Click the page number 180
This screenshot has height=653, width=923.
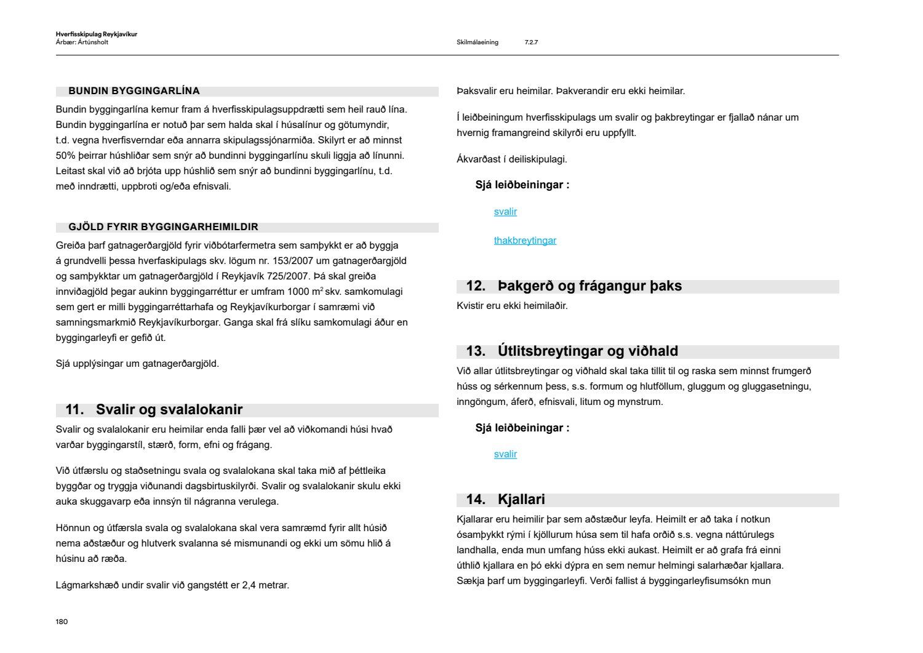pyautogui.click(x=62, y=622)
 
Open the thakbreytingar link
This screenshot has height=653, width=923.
pyautogui.click(x=525, y=241)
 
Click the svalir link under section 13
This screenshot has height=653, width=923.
pyautogui.click(x=505, y=454)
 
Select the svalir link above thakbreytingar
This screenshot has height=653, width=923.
pyautogui.click(x=505, y=212)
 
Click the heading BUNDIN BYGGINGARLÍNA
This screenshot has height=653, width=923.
pyautogui.click(x=134, y=91)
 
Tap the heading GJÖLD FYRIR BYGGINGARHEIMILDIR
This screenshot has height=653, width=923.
pyautogui.click(x=163, y=227)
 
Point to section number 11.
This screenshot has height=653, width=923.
pyautogui.click(x=74, y=410)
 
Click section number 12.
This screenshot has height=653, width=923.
pyautogui.click(x=476, y=286)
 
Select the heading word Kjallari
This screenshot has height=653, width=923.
pyautogui.click(x=521, y=500)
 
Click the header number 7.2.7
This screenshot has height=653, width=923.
pyautogui.click(x=531, y=42)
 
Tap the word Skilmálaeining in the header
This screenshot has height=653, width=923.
pyautogui.click(x=477, y=42)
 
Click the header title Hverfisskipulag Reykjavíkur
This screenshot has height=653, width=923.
pyautogui.click(x=96, y=34)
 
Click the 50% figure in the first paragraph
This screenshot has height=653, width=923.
pyautogui.click(x=65, y=156)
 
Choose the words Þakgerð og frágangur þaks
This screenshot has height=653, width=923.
pyautogui.click(x=589, y=286)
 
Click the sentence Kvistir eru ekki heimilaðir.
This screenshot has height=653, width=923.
pyautogui.click(x=512, y=306)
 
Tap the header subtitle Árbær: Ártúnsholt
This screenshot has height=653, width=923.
pyautogui.click(x=82, y=42)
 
